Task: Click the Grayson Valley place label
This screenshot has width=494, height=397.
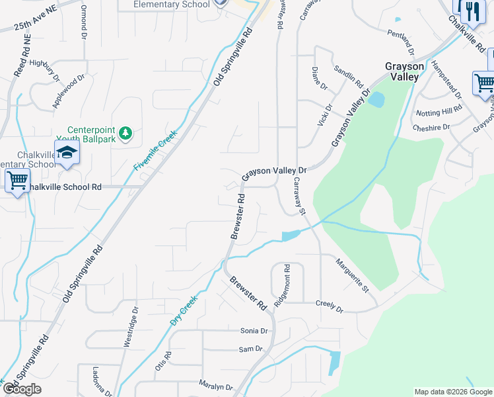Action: point(402,71)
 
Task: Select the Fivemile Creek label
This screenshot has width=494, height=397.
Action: point(156,150)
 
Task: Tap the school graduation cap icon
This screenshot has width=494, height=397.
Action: point(67,153)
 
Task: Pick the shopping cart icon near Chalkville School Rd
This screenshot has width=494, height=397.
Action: point(17,179)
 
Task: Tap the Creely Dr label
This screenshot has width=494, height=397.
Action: point(330,308)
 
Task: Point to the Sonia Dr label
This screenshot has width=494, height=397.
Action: point(254,330)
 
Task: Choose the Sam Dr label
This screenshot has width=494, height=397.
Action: point(250,349)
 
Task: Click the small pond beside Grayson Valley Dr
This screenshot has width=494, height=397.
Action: point(376,100)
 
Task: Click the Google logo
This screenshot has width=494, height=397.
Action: point(22,389)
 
